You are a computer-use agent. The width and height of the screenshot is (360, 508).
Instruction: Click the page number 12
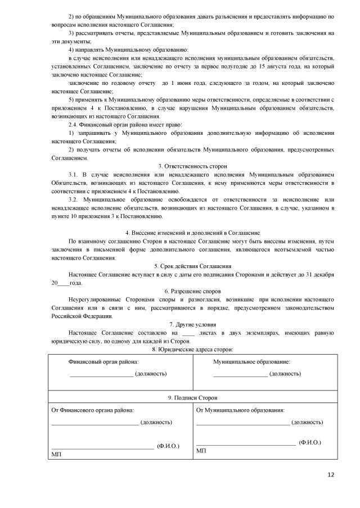coord(330,475)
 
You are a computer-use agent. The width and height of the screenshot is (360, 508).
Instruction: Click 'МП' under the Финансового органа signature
coord(56,453)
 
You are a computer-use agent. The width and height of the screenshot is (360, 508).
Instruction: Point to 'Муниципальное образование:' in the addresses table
coord(251,362)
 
